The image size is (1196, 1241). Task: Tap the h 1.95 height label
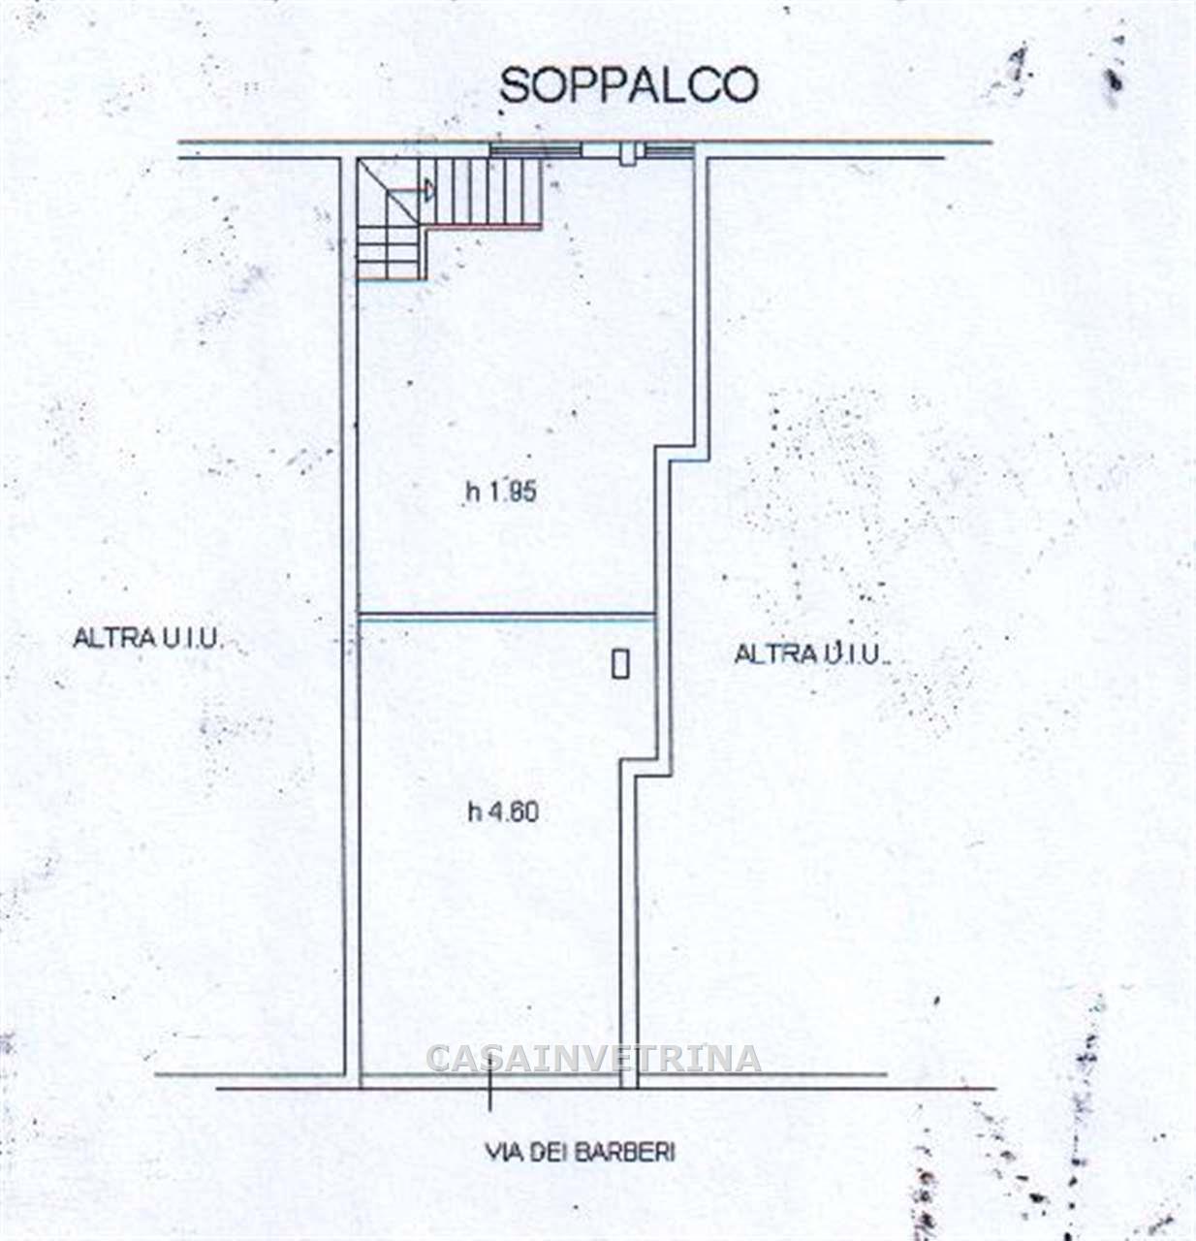(501, 492)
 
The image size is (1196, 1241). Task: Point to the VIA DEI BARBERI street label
(580, 1153)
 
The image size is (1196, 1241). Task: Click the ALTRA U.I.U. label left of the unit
(148, 637)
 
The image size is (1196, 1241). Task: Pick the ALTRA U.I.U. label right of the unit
(811, 653)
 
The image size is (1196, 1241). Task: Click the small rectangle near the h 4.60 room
(620, 663)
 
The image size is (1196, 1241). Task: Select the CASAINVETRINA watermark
(593, 1059)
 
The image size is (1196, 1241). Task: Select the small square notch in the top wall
(628, 154)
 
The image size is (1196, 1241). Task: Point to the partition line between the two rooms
(508, 616)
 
